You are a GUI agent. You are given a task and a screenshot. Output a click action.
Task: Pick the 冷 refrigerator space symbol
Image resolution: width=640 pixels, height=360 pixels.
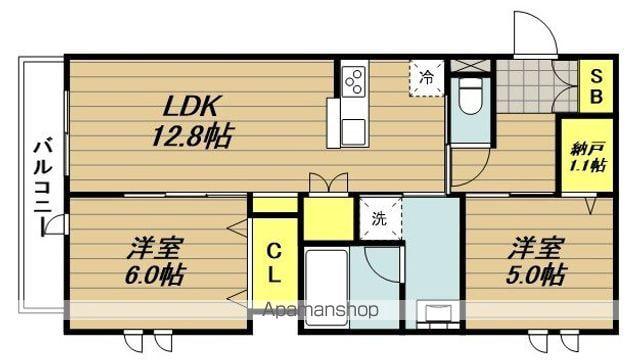tap(426, 77)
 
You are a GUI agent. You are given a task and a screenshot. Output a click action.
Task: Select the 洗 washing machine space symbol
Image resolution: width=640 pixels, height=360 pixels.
tap(379, 217)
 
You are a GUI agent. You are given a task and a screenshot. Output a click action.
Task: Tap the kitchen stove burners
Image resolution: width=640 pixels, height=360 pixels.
tap(354, 81)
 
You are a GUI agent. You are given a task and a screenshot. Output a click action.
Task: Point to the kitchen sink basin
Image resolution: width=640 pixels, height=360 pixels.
tap(353, 131)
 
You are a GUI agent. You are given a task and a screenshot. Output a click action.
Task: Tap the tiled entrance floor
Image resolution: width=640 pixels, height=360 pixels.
tap(536, 87)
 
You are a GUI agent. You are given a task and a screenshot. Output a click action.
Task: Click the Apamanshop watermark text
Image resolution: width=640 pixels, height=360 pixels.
tap(319, 310)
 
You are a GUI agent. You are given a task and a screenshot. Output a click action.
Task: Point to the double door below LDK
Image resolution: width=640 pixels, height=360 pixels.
tap(328, 184)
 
